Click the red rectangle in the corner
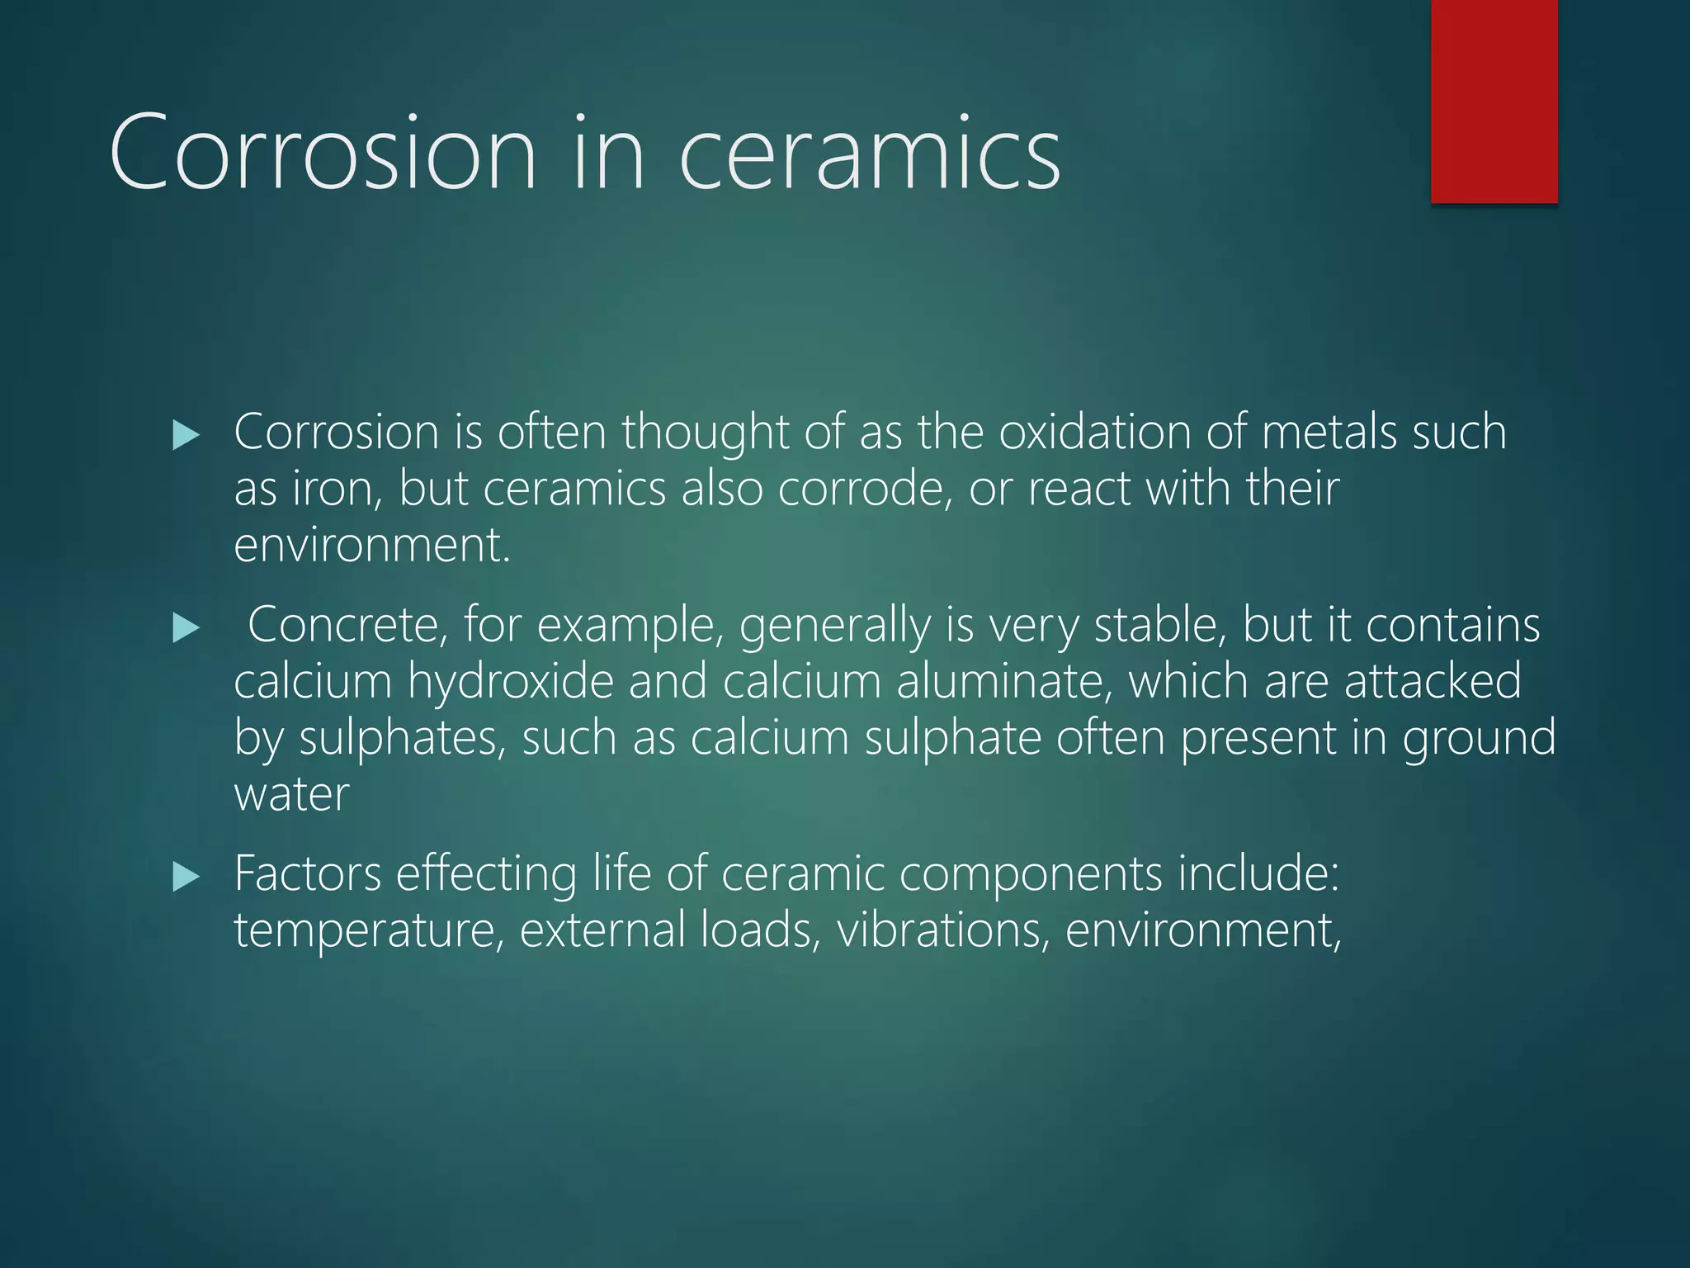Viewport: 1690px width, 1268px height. click(x=1494, y=101)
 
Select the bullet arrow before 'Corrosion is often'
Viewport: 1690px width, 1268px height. click(x=186, y=435)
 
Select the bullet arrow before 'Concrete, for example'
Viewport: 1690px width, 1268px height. click(x=186, y=629)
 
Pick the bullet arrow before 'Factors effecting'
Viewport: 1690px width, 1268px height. click(x=186, y=877)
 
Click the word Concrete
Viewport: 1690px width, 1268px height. click(x=347, y=625)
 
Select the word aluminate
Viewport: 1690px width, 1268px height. click(x=1004, y=682)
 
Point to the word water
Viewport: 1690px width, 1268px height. click(x=291, y=794)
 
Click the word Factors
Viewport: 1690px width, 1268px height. click(x=308, y=873)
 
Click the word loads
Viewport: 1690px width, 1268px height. click(x=760, y=930)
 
